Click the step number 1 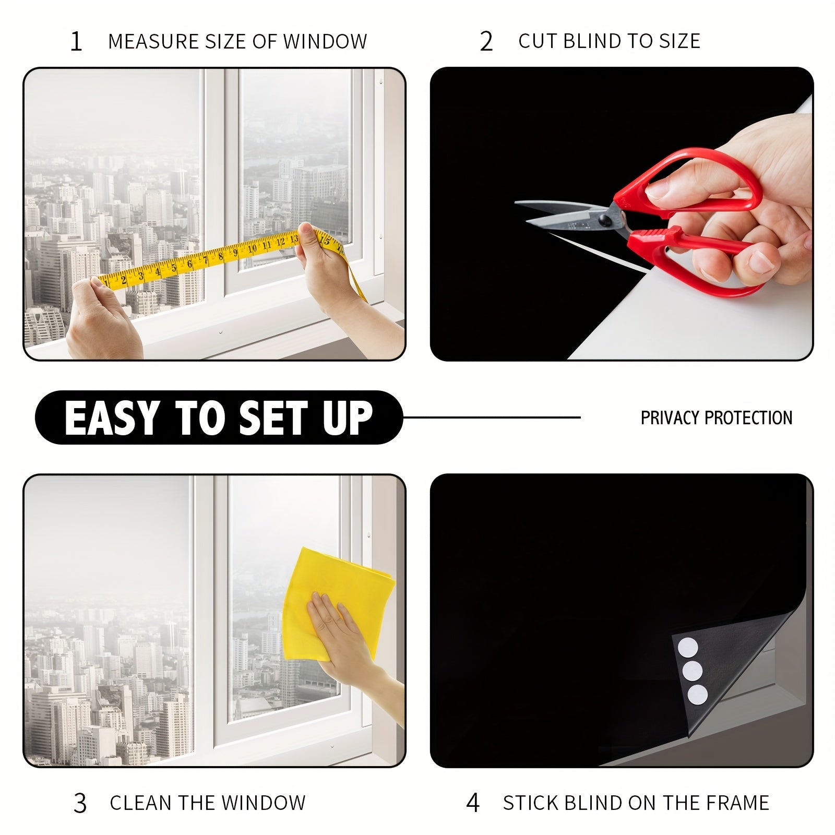(x=76, y=41)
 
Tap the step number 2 (x=486, y=41)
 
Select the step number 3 (x=80, y=803)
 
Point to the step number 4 (x=472, y=803)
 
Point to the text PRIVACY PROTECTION (x=716, y=417)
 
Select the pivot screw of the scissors (x=605, y=217)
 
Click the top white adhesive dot (x=687, y=649)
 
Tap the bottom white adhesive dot (x=697, y=695)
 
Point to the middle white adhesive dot (x=693, y=671)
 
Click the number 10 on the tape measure (x=252, y=248)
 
